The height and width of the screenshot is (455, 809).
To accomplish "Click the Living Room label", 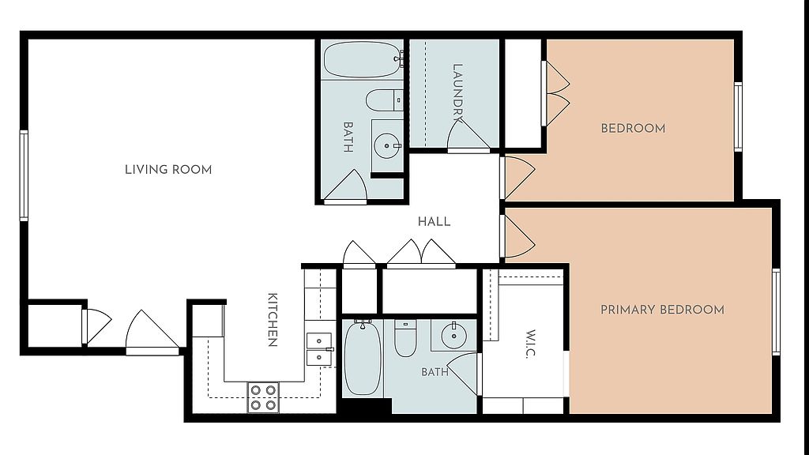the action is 168,169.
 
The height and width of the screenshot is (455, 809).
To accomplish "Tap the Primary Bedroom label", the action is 662,310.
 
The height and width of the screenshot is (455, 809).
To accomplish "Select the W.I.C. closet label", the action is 531,344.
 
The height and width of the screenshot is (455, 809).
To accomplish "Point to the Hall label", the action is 434,222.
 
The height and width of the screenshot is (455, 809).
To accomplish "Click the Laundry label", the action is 457,92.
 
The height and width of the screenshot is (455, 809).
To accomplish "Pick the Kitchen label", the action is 273,320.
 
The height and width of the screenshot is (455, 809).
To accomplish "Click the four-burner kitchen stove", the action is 263,397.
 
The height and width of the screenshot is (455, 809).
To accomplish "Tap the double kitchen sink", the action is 319,349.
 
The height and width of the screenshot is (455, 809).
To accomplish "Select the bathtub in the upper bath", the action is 363,59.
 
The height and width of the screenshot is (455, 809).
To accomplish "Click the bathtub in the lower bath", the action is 363,358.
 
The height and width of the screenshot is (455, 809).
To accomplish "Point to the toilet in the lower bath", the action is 405,338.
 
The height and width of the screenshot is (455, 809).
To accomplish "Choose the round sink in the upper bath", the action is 386,146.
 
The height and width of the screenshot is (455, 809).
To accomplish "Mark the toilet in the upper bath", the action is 385,100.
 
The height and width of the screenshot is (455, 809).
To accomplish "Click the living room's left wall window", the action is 24,175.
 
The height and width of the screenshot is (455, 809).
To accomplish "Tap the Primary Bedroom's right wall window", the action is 776,311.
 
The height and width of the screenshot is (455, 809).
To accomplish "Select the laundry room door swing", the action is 468,136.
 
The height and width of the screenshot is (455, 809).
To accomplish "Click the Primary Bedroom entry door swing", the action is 518,236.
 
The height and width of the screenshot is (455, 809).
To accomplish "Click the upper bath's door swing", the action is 345,186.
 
